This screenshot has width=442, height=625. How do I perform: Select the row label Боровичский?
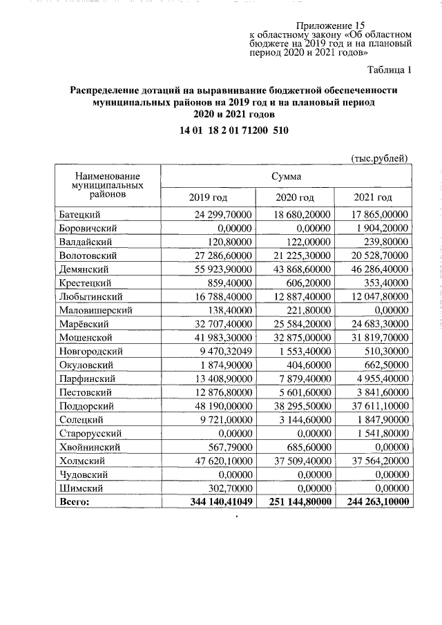87,227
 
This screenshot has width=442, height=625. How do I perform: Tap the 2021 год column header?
373,198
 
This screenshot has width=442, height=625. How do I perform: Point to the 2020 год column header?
295,198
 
